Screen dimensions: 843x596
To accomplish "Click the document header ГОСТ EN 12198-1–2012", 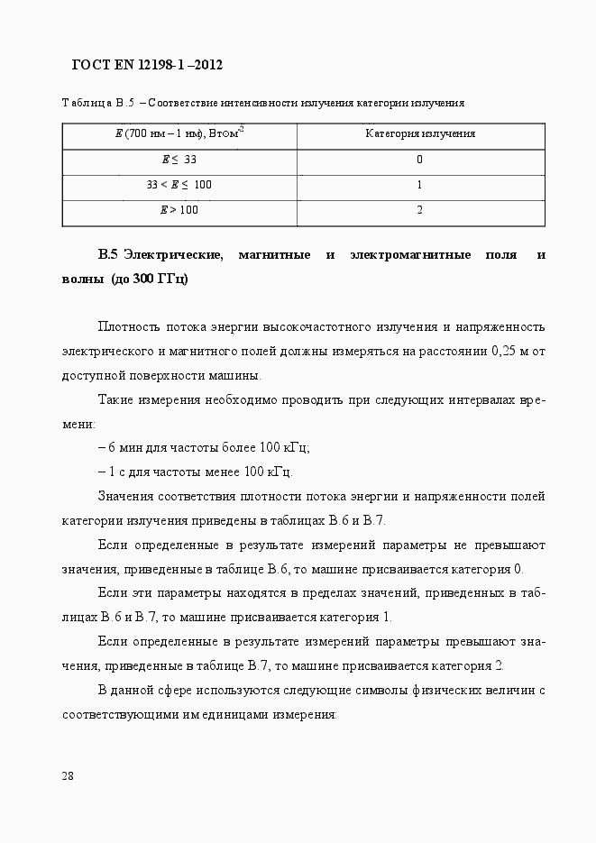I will [x=146, y=66].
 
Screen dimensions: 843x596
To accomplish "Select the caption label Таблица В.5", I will [x=97, y=103].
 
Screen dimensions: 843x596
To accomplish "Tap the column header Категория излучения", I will [x=419, y=133].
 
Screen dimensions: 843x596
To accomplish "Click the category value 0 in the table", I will [x=419, y=160].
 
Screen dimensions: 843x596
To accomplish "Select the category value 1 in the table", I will [x=419, y=185].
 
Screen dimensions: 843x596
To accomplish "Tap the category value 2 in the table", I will [x=419, y=210].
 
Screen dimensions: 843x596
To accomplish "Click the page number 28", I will [x=69, y=776].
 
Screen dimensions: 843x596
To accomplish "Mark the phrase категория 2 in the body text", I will [x=468, y=665].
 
